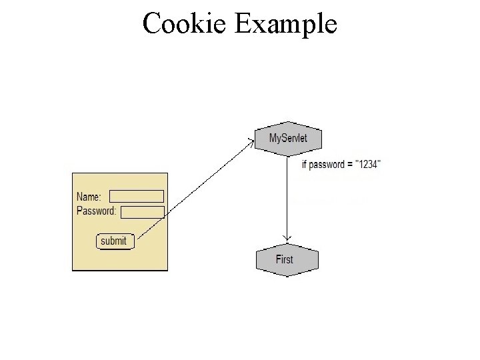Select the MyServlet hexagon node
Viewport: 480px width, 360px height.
(x=288, y=139)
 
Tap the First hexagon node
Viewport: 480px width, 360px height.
(x=287, y=259)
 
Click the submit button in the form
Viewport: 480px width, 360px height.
(x=115, y=241)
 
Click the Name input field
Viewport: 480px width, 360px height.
(x=137, y=197)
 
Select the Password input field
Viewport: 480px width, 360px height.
(x=143, y=212)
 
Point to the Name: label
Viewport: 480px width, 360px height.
(x=89, y=197)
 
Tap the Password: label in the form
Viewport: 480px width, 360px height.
(x=97, y=211)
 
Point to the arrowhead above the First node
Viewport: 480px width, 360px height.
(x=287, y=237)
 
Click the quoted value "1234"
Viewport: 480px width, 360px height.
(x=368, y=165)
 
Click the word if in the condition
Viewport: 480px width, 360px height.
(x=304, y=165)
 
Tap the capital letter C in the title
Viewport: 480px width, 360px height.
(x=151, y=25)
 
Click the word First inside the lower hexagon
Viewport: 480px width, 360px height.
(x=285, y=259)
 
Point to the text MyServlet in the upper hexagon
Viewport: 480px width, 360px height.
(x=287, y=139)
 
